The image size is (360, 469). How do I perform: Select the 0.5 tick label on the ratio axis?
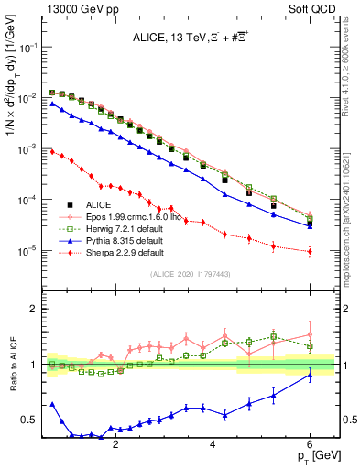(x=27, y=420)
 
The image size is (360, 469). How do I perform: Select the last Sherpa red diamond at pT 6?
(x=310, y=251)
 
